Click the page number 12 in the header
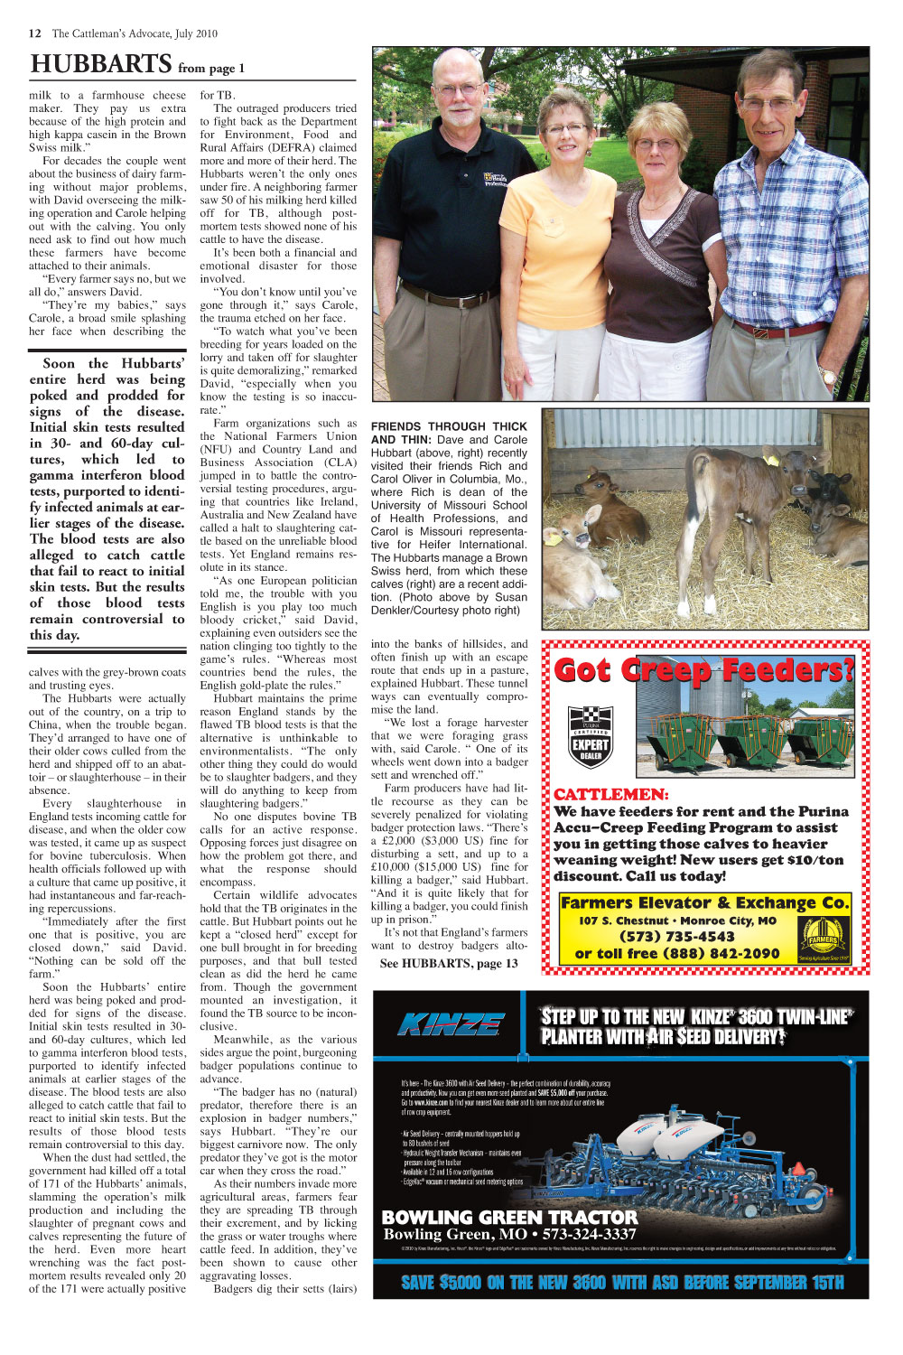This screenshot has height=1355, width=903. (x=35, y=33)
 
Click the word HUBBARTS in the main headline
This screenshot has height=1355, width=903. (x=100, y=64)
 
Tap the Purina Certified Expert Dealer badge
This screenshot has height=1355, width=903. (x=591, y=736)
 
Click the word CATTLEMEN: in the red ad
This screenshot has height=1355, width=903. (x=611, y=795)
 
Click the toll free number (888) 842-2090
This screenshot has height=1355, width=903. (x=677, y=954)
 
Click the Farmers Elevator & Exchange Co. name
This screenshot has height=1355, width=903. (x=704, y=902)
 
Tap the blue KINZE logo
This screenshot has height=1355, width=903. (x=451, y=1024)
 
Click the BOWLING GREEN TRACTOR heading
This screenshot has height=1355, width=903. (x=509, y=1217)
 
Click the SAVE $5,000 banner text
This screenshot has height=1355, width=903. (x=622, y=1282)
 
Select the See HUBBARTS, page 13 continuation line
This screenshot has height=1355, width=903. (x=449, y=963)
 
